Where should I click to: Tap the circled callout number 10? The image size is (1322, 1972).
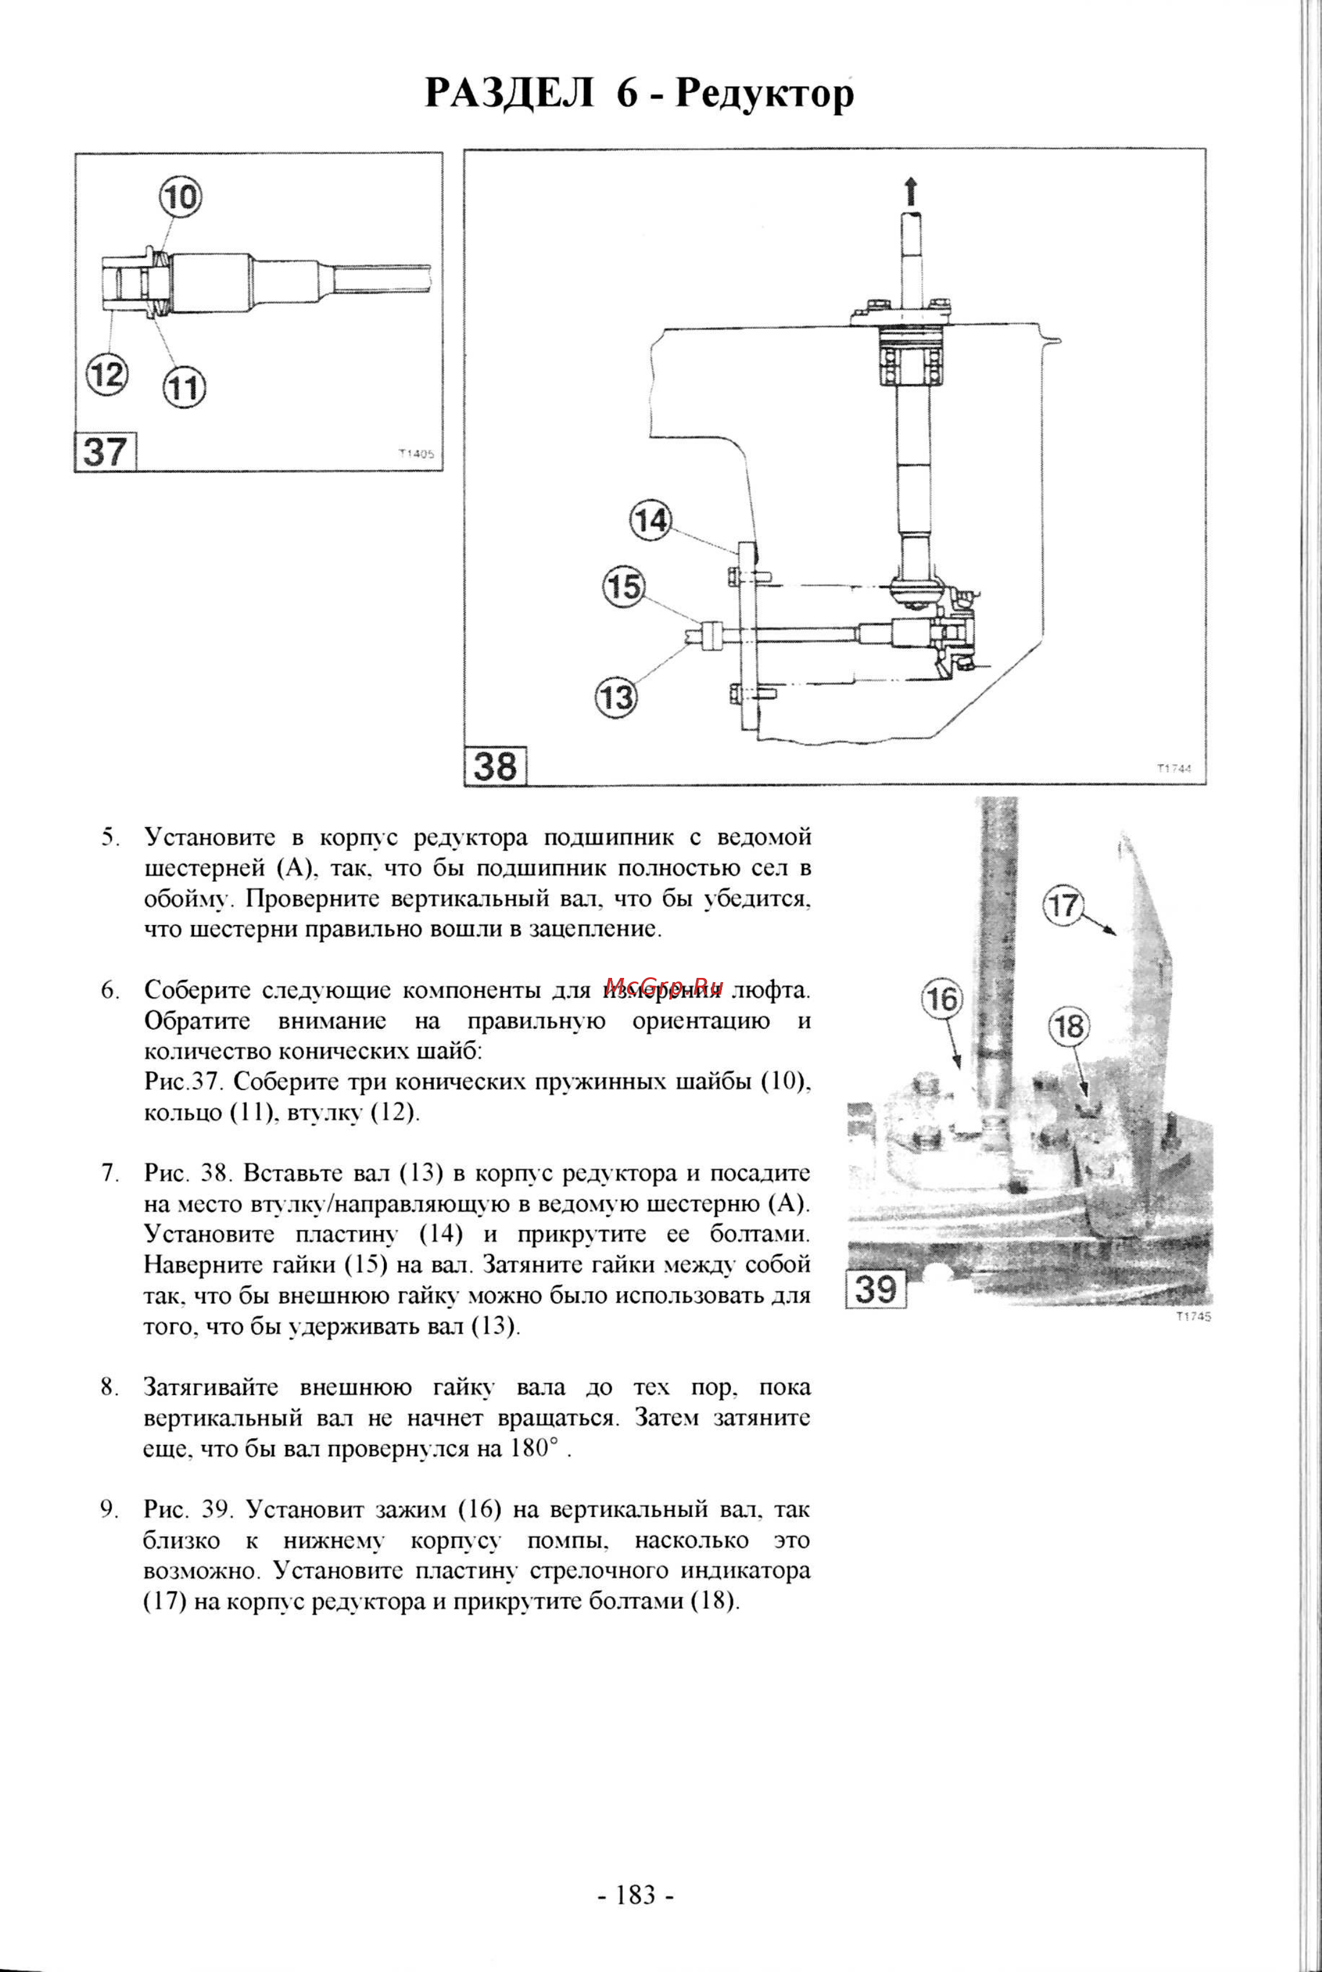[x=180, y=197]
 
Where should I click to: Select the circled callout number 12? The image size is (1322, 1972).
[x=107, y=373]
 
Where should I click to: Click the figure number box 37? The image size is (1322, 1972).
[x=105, y=453]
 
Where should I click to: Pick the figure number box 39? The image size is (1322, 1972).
[x=876, y=1289]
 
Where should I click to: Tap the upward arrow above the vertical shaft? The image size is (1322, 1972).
[x=910, y=191]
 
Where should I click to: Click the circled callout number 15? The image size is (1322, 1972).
[x=624, y=586]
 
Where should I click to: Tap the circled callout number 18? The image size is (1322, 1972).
[x=1068, y=1027]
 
